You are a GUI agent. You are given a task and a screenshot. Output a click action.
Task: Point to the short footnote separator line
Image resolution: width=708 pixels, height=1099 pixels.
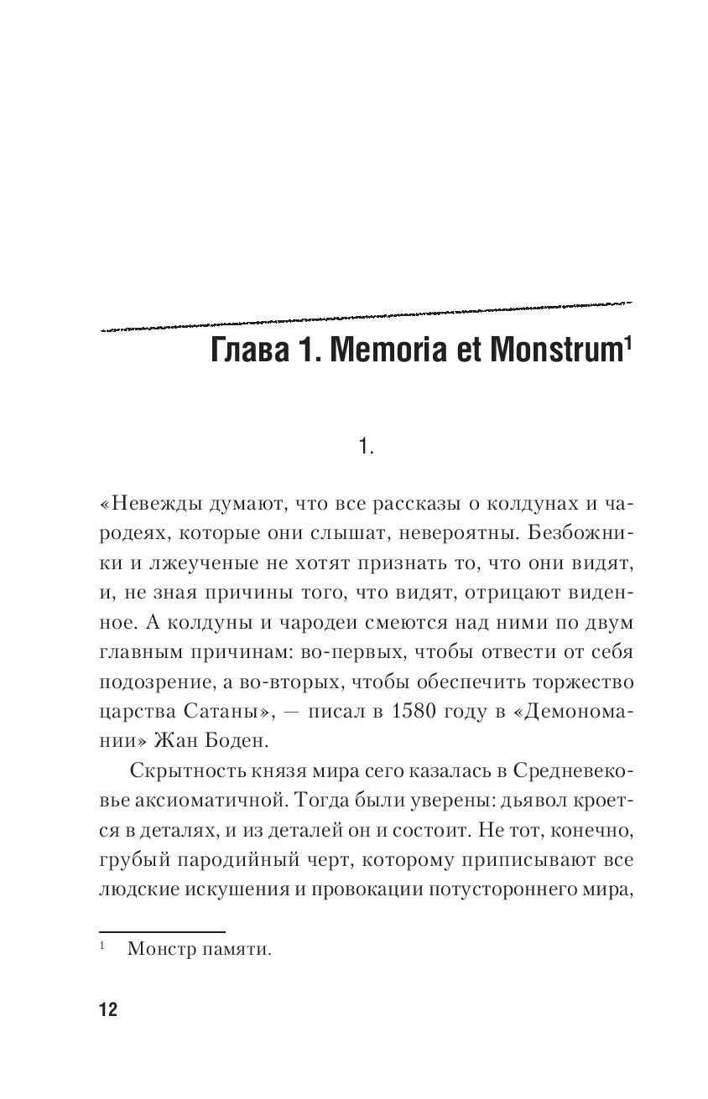(x=162, y=931)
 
